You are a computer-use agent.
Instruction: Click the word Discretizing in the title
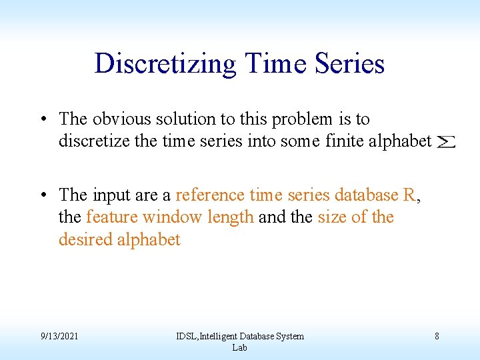[x=165, y=64]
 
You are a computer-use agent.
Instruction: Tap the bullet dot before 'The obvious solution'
[x=42, y=120]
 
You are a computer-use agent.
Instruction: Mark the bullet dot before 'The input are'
[x=42, y=195]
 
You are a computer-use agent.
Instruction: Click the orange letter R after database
[x=410, y=195]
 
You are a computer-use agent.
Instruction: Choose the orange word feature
[x=112, y=217]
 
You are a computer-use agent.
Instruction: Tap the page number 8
[x=437, y=336]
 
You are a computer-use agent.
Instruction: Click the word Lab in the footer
[x=239, y=347]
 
